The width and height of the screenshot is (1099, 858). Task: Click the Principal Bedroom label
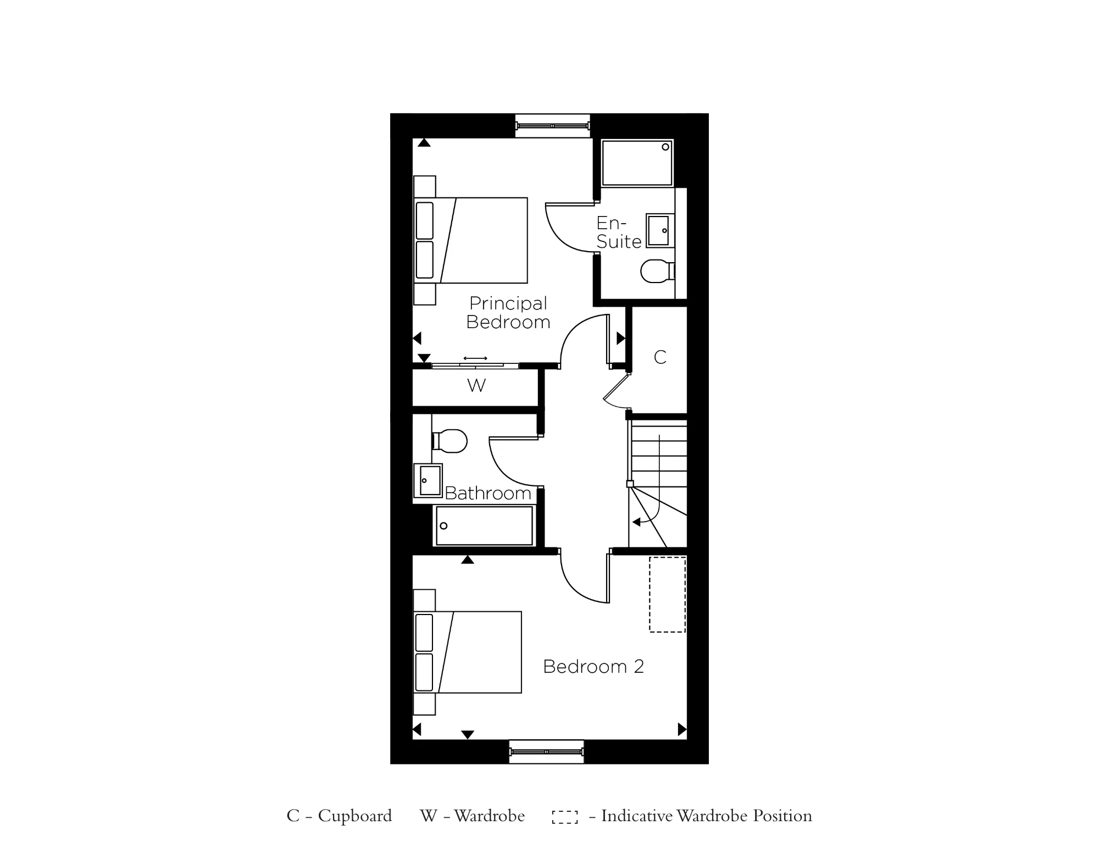[x=508, y=312]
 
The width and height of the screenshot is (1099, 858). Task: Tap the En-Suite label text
[x=619, y=233]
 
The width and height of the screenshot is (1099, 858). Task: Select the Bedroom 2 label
[x=593, y=666]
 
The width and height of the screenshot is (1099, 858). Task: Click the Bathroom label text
[x=487, y=493]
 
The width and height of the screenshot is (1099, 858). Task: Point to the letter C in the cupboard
[x=660, y=357]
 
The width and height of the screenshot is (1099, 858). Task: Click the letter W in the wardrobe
[x=476, y=385]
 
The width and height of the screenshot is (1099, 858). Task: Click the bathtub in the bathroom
[x=484, y=526]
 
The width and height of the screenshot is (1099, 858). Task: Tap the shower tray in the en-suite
[x=637, y=163]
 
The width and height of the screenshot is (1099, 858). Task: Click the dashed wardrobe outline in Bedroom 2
[x=667, y=594]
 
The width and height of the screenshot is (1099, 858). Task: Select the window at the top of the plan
[x=552, y=126]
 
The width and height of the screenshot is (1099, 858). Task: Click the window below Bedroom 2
[x=546, y=751]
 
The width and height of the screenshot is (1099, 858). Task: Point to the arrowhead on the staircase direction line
[x=636, y=522]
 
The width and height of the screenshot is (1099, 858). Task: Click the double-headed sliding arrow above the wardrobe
[x=475, y=358]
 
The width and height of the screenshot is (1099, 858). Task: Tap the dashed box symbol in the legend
[x=564, y=817]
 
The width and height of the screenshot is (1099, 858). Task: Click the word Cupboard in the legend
[x=354, y=816]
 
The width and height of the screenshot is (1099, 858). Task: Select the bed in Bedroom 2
[x=468, y=652]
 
